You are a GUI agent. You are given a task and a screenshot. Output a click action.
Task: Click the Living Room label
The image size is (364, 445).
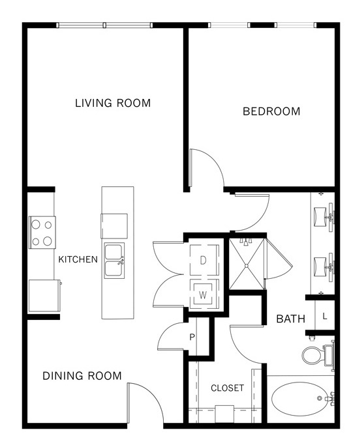click(x=113, y=103)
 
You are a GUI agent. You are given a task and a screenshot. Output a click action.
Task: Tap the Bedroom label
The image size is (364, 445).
click(x=271, y=111)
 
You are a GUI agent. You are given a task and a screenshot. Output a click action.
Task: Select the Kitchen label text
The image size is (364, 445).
click(x=78, y=259)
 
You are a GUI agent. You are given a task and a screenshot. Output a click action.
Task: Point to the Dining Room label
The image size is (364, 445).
click(x=82, y=376)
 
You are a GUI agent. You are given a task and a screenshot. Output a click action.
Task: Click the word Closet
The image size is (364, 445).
click(x=227, y=388)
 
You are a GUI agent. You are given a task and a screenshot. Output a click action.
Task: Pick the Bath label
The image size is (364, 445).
click(x=291, y=319)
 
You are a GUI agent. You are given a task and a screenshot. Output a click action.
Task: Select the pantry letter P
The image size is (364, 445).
click(x=192, y=337)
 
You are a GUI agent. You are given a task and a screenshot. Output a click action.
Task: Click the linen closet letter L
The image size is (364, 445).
click(x=325, y=316)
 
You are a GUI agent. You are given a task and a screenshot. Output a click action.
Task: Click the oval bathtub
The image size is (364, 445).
click(x=301, y=399)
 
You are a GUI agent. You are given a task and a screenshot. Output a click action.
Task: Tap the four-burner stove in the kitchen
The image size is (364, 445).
click(x=42, y=233)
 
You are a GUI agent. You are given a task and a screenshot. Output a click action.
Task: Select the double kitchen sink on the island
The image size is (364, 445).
click(x=114, y=261)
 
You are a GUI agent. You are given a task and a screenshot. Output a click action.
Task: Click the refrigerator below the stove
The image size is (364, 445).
click(x=44, y=296)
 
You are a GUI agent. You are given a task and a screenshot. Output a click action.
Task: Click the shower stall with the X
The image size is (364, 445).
click(x=247, y=265)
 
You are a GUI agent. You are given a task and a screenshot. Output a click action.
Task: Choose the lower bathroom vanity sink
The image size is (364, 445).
click(x=324, y=267)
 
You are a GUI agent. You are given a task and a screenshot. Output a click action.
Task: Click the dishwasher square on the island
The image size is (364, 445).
click(x=114, y=226)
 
